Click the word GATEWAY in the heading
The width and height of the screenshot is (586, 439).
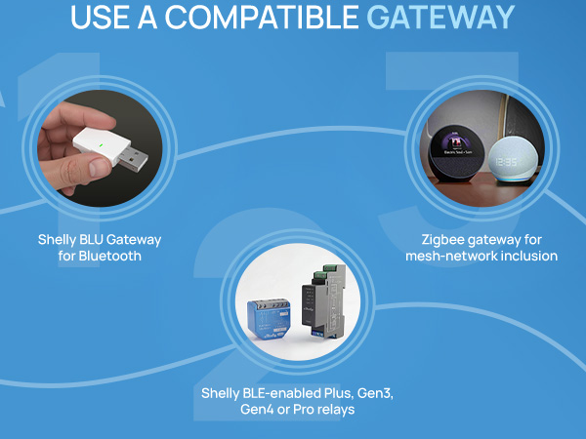(440, 18)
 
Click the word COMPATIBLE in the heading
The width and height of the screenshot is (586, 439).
(262, 18)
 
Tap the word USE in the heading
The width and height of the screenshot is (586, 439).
(100, 18)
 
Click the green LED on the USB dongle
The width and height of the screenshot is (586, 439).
(101, 145)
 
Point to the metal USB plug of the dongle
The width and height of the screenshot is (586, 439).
(134, 159)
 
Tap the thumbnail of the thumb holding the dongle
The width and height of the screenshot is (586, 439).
(99, 167)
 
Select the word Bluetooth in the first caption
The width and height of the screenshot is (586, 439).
(109, 256)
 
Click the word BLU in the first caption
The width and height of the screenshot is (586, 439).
(90, 239)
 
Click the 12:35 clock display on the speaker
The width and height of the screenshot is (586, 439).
(506, 162)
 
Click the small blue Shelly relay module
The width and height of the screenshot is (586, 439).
(269, 318)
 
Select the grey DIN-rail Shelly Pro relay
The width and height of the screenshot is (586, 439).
(323, 300)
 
